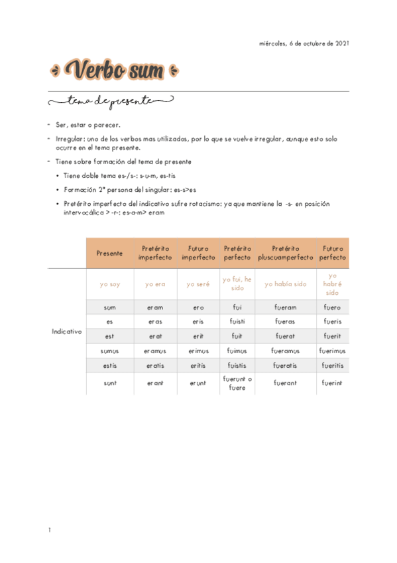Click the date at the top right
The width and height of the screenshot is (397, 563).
[x=304, y=44]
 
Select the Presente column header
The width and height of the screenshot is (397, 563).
[x=109, y=253]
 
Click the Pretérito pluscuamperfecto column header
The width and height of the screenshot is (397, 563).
[x=285, y=253]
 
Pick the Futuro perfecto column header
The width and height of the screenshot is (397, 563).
[x=332, y=253]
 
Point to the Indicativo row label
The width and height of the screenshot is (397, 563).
[x=66, y=331]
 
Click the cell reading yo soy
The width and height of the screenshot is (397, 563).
[x=109, y=284]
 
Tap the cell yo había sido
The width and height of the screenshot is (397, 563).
[x=285, y=284]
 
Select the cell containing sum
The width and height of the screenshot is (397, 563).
[x=109, y=307]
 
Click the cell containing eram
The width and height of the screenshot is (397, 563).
[x=155, y=307]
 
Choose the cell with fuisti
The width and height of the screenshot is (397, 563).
[x=237, y=322]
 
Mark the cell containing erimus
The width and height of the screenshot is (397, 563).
[x=198, y=351]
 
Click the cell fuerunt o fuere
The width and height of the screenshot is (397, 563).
[x=237, y=383]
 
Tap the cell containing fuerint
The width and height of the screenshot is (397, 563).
[x=332, y=383]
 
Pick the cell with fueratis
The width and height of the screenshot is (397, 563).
[x=285, y=365]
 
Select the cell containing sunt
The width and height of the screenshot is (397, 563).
[x=109, y=383]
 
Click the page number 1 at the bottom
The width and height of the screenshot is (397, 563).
[x=49, y=530]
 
